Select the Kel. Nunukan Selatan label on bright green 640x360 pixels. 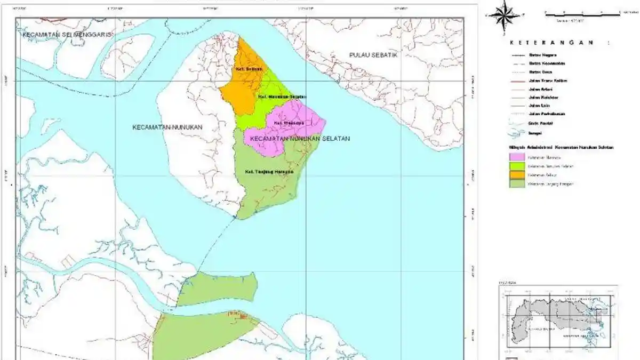[x=282, y=97]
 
